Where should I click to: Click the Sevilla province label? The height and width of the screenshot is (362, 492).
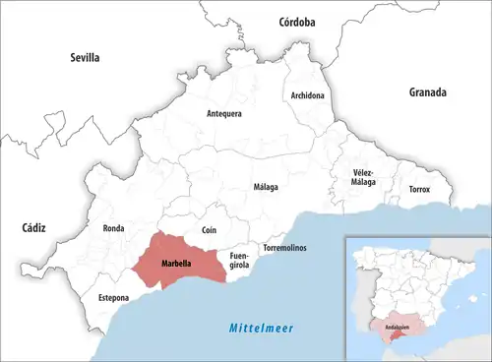(85, 58)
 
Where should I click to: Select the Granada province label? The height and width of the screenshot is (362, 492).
(428, 92)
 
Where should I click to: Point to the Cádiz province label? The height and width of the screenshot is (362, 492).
(34, 227)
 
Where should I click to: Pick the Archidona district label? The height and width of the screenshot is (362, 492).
(308, 95)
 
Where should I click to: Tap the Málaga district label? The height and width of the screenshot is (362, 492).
(266, 187)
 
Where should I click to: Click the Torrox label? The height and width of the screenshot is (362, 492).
(418, 189)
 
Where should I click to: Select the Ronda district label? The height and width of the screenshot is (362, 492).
(113, 228)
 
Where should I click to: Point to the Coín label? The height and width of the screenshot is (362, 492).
(209, 230)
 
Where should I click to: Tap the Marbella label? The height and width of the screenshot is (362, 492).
(176, 264)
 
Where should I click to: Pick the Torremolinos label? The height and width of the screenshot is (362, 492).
(284, 247)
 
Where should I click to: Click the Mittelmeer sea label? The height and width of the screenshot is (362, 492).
(261, 328)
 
